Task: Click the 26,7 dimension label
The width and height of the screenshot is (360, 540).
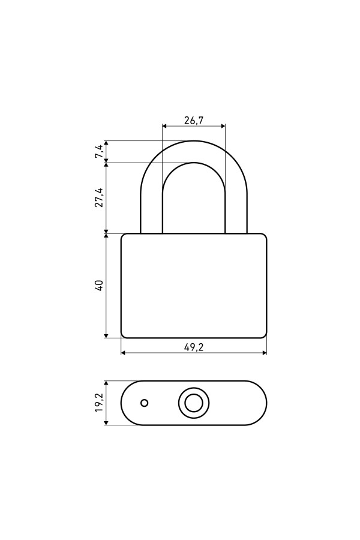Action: tap(194, 121)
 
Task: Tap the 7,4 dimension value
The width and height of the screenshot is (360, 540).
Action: tap(99, 152)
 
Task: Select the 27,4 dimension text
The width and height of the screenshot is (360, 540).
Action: tap(99, 197)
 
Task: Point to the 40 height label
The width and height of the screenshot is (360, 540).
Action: tap(99, 286)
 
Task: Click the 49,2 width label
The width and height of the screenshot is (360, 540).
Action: tap(194, 347)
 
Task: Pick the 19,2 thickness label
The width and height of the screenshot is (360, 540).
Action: tap(99, 403)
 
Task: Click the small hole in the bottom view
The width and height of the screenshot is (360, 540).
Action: tap(145, 403)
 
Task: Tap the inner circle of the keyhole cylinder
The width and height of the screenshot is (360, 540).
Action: tap(194, 403)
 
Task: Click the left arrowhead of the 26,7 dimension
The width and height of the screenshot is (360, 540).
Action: tap(164, 126)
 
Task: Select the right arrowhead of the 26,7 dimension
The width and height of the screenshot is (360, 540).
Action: tap(223, 126)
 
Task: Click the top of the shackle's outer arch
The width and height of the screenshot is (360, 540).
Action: tap(194, 141)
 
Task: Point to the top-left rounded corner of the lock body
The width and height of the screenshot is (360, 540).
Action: tap(123, 236)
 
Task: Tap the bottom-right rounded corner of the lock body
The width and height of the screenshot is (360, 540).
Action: tap(265, 336)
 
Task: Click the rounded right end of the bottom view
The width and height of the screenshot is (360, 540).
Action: tap(266, 403)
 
